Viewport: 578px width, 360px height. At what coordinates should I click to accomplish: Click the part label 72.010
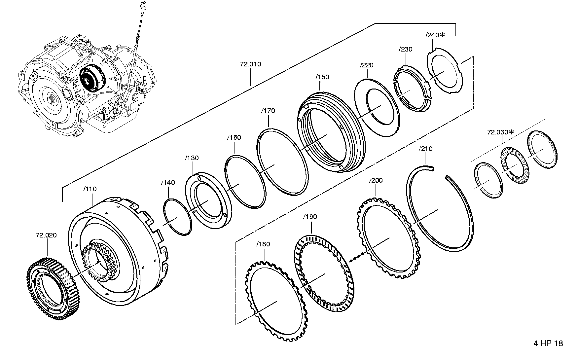tap(250, 64)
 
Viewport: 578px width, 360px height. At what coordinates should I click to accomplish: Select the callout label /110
tap(90, 189)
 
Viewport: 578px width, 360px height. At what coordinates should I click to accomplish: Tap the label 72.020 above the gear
tap(46, 235)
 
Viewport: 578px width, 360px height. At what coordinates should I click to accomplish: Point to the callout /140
tap(168, 182)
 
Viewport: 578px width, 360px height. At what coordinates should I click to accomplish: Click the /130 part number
tap(192, 158)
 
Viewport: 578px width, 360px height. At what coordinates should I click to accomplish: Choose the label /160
tap(234, 137)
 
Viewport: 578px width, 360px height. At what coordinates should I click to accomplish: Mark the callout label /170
tap(268, 111)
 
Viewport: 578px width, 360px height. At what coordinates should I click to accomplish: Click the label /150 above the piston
tap(322, 77)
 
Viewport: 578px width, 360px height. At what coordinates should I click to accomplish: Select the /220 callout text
tap(367, 65)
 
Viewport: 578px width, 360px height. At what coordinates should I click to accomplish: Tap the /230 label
tap(406, 49)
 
